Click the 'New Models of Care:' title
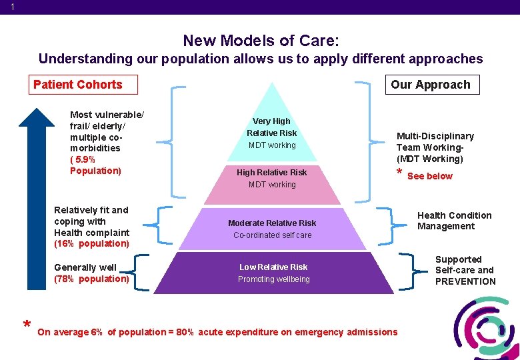pos(261,40)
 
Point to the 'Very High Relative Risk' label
pos(272,127)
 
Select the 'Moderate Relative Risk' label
pos(272,223)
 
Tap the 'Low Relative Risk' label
pos(273,267)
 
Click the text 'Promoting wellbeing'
pos(273,279)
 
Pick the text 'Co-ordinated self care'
pos(272,235)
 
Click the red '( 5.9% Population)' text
pos(95,165)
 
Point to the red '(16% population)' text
pos(91,244)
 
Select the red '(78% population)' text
pos(91,279)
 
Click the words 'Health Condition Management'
pos(454,221)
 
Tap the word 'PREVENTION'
pos(465,281)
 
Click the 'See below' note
pos(429,176)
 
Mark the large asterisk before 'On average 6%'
pos(26,326)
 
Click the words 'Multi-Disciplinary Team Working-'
pos(435,141)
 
